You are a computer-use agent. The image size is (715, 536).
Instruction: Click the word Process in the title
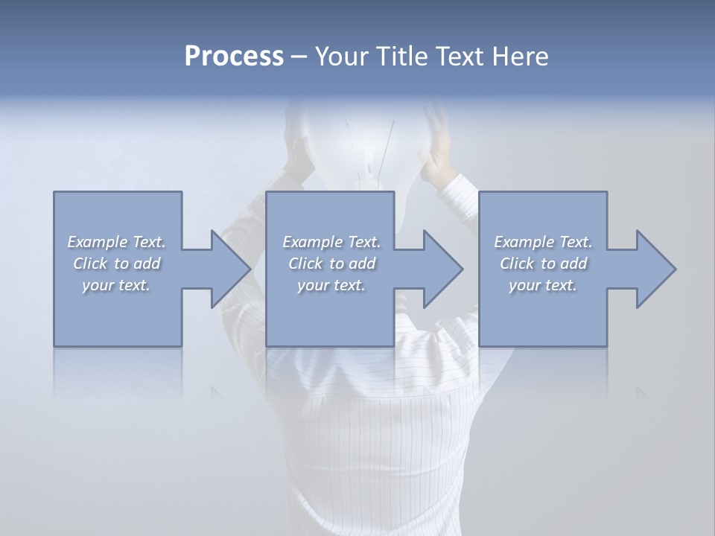click(x=234, y=57)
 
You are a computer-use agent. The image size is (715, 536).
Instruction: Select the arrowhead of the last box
click(x=655, y=269)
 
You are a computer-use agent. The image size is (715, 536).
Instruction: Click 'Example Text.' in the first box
click(x=116, y=242)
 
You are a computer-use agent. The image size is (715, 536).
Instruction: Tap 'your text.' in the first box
click(x=116, y=285)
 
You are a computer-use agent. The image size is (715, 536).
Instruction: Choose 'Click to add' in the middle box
click(x=331, y=264)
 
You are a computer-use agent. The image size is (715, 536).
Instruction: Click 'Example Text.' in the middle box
click(x=331, y=242)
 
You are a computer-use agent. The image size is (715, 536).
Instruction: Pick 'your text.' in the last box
click(x=543, y=285)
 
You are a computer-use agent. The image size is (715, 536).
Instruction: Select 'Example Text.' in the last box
click(x=543, y=242)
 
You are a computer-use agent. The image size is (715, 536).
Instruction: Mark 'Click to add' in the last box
click(x=543, y=264)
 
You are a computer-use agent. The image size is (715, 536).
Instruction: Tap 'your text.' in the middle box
click(x=331, y=285)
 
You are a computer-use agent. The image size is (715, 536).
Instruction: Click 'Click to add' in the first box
click(x=116, y=264)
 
